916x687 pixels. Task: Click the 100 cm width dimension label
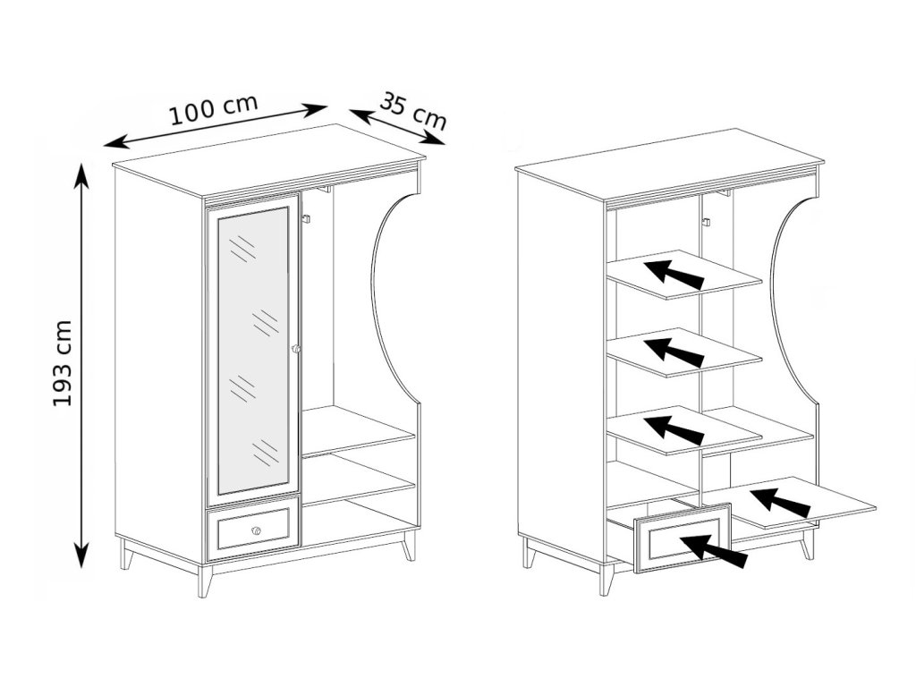coord(214,109)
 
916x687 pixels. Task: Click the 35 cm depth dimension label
coord(412,108)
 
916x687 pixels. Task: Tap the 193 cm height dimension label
coord(63,362)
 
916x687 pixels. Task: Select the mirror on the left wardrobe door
coord(253,349)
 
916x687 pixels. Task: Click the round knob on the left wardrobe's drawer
coord(256,531)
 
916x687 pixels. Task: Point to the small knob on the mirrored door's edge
coord(296,348)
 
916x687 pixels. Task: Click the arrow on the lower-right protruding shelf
coord(780,503)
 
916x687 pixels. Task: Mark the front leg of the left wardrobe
coord(205,582)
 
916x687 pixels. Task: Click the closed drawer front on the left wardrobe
coord(254,528)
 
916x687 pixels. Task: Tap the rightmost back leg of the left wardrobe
coord(409,546)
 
